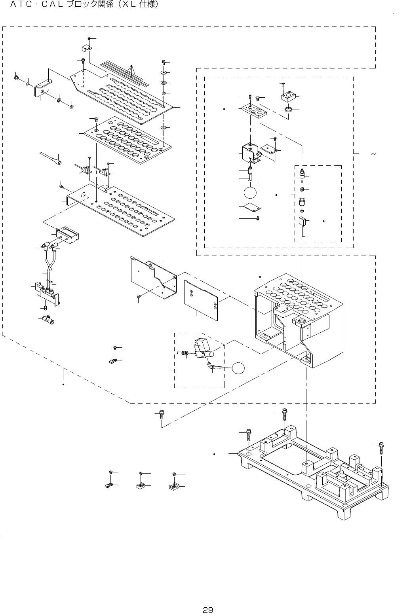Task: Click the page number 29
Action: (x=208, y=610)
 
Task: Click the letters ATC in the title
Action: (x=21, y=5)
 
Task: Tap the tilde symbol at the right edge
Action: (x=373, y=154)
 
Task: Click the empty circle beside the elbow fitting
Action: (x=238, y=368)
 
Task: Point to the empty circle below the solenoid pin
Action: (x=250, y=193)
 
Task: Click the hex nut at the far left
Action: (x=16, y=78)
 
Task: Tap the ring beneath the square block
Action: (x=288, y=110)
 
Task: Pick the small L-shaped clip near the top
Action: (x=86, y=48)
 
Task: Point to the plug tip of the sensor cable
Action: (x=59, y=162)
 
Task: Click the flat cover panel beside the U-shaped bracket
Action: (x=201, y=300)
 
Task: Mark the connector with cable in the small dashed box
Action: (x=302, y=226)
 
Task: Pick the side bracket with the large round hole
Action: (x=43, y=88)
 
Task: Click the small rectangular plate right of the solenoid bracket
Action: (x=268, y=149)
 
